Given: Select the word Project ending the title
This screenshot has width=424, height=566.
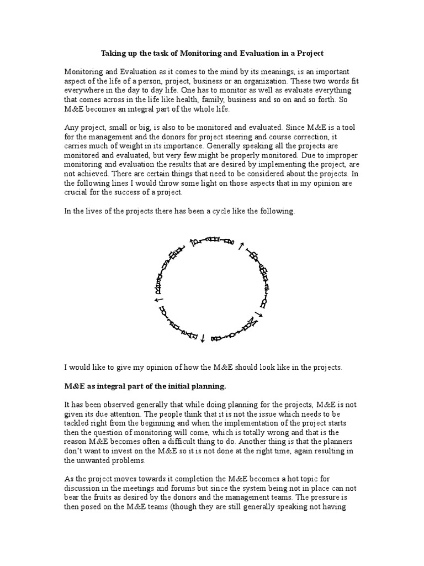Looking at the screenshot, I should point(308,54).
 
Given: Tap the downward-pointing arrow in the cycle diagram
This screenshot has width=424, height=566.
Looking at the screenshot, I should point(203,337).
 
